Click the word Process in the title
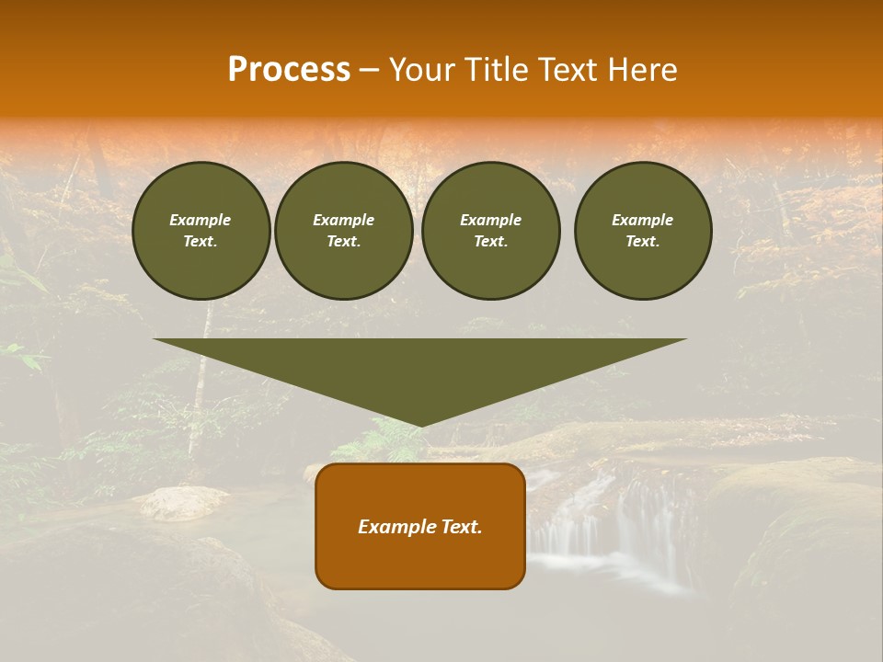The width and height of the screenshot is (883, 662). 289,70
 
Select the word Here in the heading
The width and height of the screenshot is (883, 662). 641,70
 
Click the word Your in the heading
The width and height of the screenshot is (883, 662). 421,70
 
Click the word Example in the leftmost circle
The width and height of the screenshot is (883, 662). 201,220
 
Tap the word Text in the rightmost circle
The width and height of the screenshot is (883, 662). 641,242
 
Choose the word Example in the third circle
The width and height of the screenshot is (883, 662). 490,220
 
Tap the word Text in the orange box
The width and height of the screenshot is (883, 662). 460,527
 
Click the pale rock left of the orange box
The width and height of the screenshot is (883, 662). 184,502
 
